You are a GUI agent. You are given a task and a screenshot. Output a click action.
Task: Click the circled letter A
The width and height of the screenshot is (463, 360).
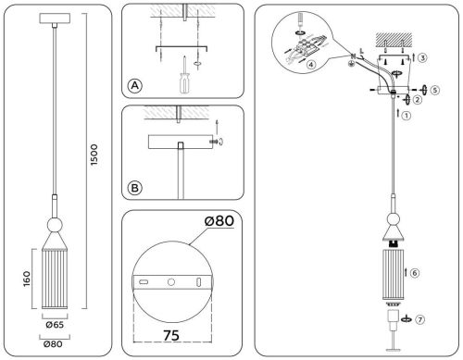[x=134, y=86]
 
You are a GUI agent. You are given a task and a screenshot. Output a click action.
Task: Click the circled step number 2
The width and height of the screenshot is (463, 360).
[x=417, y=99]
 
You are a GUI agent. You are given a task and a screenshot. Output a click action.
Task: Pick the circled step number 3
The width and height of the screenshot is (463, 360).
[x=422, y=57]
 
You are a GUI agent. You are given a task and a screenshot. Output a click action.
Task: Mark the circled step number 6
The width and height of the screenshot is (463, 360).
[x=415, y=273]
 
